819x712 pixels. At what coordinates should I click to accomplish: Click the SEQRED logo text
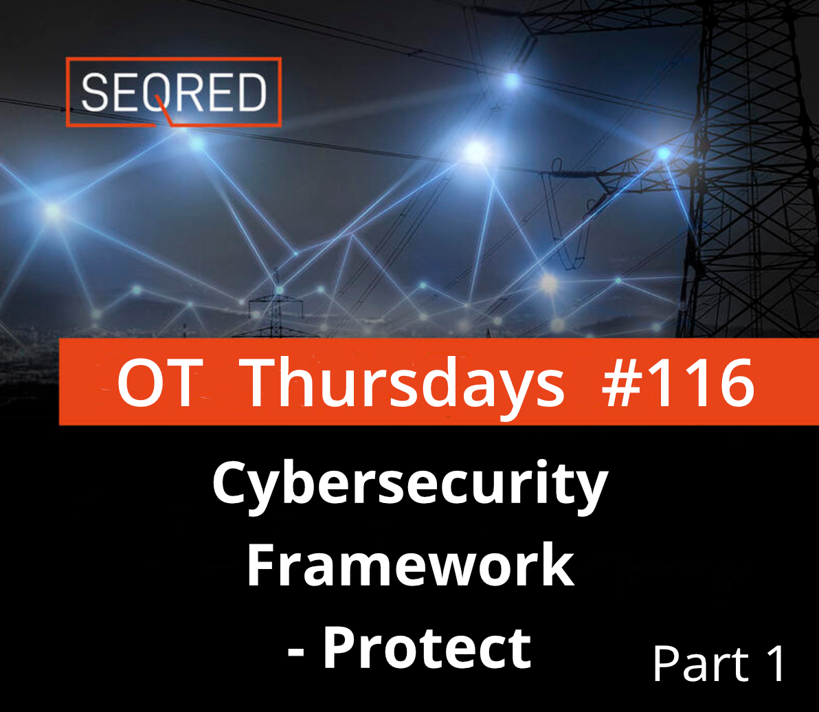pos(174,93)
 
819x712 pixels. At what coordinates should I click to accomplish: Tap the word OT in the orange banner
pos(159,382)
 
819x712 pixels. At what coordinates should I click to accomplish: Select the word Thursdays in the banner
pos(404,386)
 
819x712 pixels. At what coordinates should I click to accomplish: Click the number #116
pos(678,382)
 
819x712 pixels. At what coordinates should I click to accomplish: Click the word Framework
pos(411,565)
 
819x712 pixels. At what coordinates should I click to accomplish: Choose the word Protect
pos(427,647)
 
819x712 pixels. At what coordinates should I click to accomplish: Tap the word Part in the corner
pos(700,663)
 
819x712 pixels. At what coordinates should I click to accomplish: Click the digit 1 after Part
pos(776,663)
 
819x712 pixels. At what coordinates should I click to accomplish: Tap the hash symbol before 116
pos(622,383)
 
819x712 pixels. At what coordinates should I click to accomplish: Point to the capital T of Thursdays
pos(265,382)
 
